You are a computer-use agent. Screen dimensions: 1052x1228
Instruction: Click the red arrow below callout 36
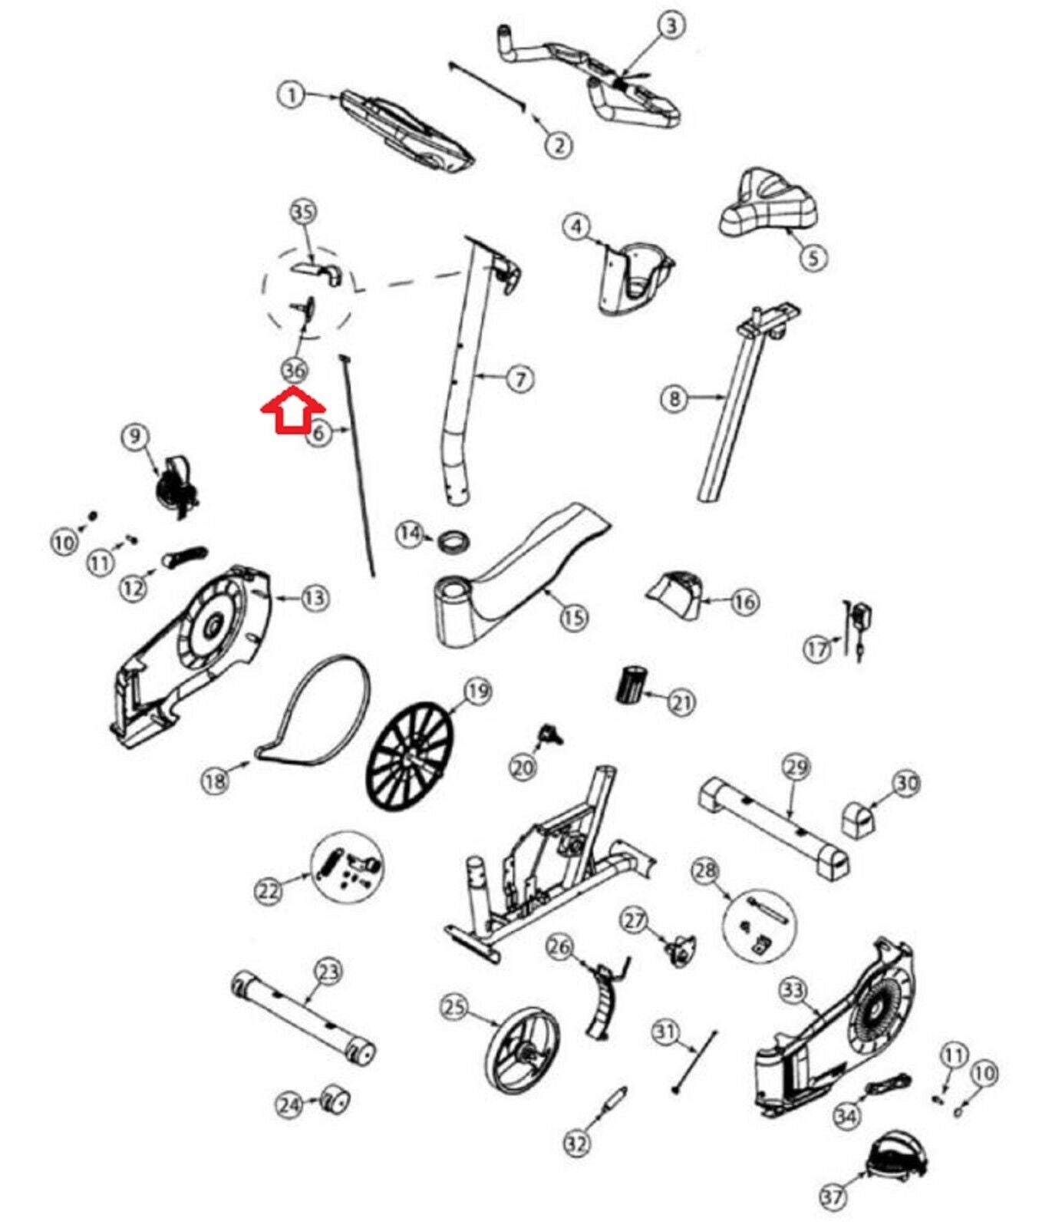point(293,411)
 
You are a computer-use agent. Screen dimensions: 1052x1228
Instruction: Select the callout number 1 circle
point(291,95)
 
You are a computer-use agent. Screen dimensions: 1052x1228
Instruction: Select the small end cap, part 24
point(334,1101)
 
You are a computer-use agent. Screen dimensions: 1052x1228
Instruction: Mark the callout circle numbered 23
point(328,972)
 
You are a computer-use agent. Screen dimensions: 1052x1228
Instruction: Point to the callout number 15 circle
point(574,616)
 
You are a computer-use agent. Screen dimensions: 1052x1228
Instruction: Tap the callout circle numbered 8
point(674,398)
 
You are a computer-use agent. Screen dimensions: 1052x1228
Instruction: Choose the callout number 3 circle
point(671,26)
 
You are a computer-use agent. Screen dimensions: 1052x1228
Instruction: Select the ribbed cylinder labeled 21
point(632,685)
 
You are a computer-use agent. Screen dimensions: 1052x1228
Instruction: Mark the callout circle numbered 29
point(796,767)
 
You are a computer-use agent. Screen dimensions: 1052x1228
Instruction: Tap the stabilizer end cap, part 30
point(858,820)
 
